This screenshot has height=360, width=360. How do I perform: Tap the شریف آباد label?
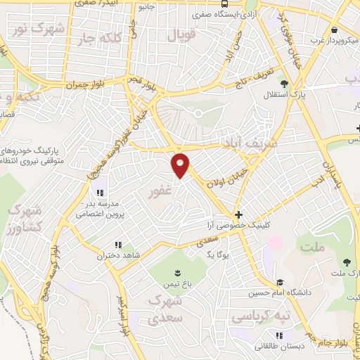click(x=242, y=143)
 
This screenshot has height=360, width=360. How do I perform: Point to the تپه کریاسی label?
click(x=262, y=317)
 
